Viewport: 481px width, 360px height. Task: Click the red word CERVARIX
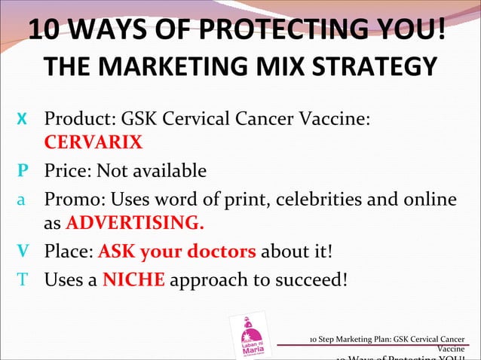click(93, 142)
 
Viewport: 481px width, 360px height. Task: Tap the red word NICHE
click(133, 280)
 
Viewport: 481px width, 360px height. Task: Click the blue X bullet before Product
click(23, 120)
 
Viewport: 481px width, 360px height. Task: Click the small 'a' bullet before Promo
click(23, 200)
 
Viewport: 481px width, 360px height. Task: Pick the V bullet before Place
click(23, 252)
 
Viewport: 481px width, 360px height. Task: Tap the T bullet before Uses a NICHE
click(23, 280)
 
